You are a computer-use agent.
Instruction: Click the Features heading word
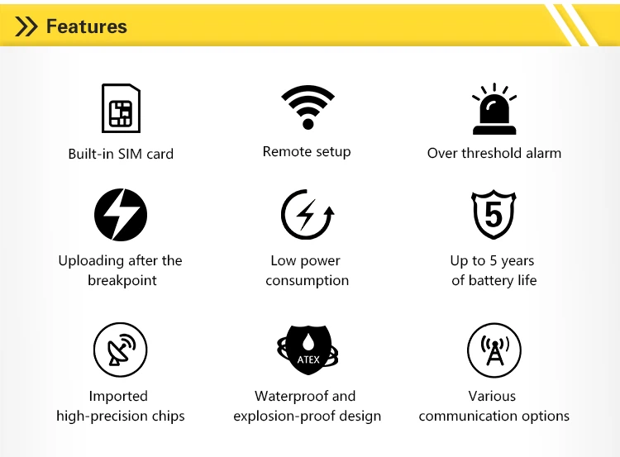coord(87,26)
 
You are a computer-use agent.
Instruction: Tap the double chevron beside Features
coord(26,26)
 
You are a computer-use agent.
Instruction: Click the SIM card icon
coord(121,108)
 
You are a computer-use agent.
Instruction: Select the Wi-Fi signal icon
coord(308,107)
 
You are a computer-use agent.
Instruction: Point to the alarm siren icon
coord(494,109)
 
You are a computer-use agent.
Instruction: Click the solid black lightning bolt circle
coord(121,215)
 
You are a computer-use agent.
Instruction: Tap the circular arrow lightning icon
coord(308,215)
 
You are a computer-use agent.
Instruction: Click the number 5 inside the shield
coord(494,214)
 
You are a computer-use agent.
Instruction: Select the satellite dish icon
coord(120,350)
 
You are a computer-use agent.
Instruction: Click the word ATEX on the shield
coord(308,359)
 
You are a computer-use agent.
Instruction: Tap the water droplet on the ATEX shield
coord(308,341)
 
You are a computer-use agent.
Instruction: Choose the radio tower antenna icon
coord(494,350)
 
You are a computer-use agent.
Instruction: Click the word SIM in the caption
coord(130,154)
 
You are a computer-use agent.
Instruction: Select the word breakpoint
coord(122,280)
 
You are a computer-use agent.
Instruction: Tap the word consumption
coord(308,281)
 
